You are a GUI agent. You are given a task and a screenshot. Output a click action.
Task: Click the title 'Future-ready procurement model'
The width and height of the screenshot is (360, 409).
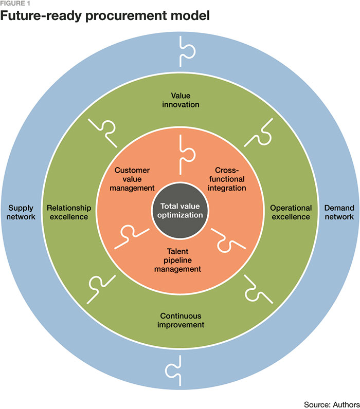(105, 16)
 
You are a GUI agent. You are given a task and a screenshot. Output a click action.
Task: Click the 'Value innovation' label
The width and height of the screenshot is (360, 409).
(179, 100)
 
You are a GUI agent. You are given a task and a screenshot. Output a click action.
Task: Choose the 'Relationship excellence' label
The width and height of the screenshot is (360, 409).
(69, 212)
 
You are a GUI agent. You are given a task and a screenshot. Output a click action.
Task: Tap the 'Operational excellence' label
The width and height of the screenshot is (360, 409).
(291, 212)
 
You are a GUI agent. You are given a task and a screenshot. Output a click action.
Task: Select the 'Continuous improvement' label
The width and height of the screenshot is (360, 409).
(179, 320)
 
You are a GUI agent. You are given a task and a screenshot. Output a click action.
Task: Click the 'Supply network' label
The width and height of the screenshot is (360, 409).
(21, 212)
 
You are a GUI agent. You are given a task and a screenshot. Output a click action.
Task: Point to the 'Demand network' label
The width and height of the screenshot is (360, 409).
(339, 212)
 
